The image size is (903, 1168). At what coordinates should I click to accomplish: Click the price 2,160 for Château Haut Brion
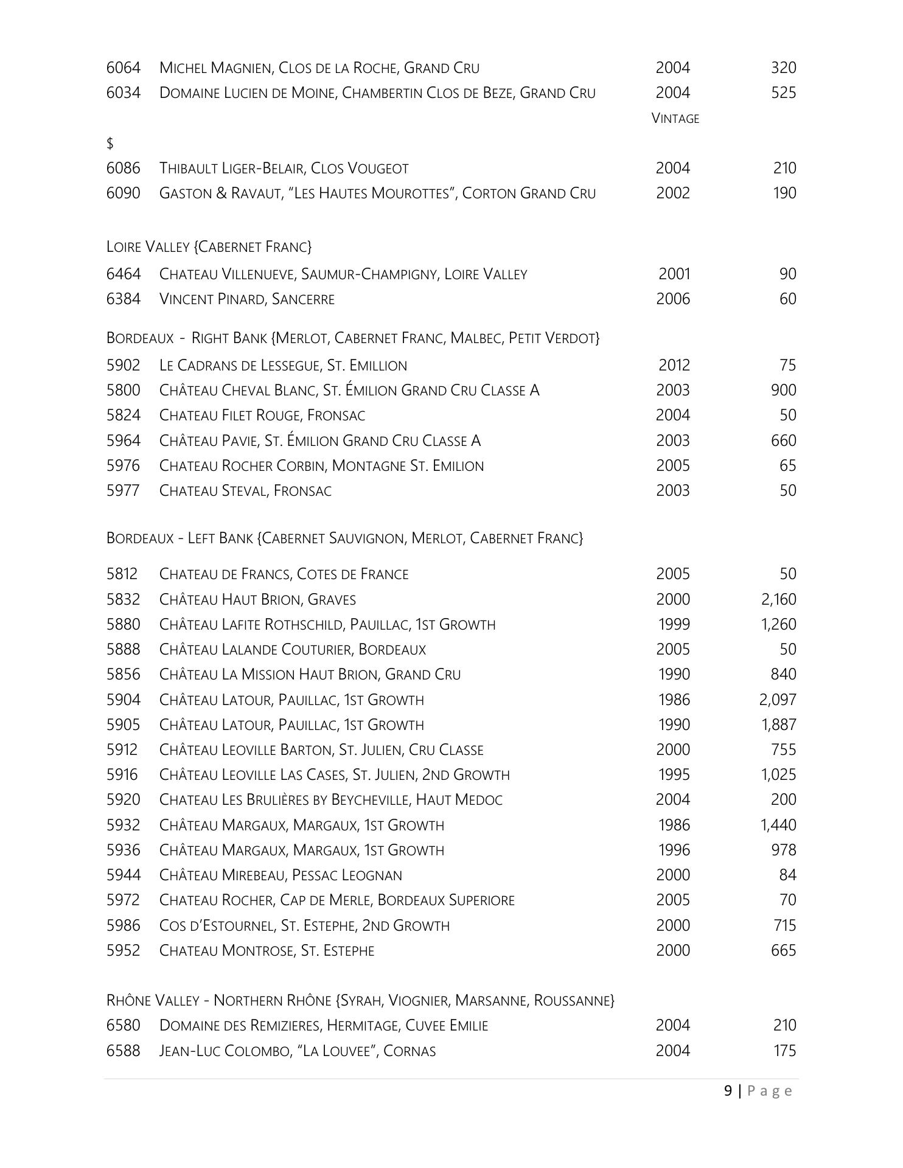click(778, 600)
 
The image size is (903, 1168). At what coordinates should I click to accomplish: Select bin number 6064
click(123, 68)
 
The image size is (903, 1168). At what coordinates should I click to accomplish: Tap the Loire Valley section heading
click(209, 247)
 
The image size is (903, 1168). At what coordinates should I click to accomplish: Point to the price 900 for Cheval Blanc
click(783, 391)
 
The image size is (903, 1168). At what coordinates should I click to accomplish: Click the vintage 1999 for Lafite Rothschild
click(674, 625)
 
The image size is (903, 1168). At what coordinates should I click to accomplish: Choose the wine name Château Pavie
click(319, 441)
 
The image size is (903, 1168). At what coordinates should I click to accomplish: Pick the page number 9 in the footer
click(728, 1091)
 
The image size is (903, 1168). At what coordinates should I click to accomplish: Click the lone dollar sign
click(110, 144)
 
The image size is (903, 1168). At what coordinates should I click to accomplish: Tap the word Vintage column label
click(675, 119)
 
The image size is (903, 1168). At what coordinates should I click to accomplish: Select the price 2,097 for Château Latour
click(778, 700)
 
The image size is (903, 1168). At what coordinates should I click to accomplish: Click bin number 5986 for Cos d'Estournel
click(123, 926)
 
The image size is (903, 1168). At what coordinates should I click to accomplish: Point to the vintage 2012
click(674, 366)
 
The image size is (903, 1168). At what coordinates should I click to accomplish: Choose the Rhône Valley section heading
click(360, 1001)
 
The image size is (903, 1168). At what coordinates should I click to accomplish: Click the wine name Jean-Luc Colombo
click(297, 1051)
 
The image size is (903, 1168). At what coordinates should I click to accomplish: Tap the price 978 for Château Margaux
click(783, 850)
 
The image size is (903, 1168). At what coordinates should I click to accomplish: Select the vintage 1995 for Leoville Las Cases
click(674, 775)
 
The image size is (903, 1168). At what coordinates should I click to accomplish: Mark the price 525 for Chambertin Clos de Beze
click(783, 93)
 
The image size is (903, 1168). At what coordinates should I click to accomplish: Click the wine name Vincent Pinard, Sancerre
click(246, 299)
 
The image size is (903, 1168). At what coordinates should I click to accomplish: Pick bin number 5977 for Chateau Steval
click(123, 491)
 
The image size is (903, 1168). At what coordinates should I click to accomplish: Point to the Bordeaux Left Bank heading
click(344, 538)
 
